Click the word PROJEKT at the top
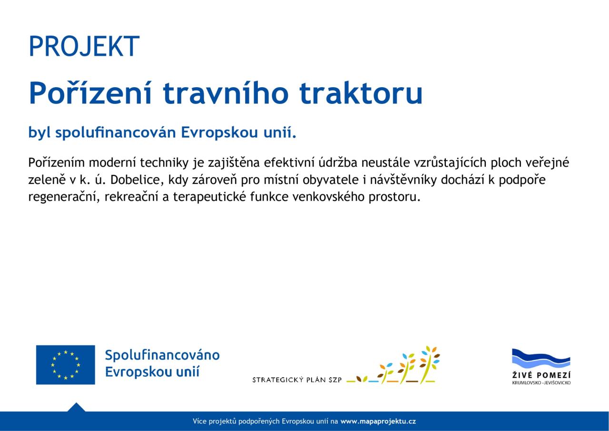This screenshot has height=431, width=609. click(84, 46)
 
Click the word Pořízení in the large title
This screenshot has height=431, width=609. click(90, 93)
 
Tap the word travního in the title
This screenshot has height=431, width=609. click(226, 93)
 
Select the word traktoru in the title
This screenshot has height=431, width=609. click(361, 93)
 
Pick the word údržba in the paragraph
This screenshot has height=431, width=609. click(338, 162)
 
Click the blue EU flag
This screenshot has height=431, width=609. click(66, 365)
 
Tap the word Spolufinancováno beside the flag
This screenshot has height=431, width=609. click(162, 355)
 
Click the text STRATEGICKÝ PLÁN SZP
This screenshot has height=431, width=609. click(297, 380)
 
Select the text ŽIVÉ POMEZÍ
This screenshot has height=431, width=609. click(541, 375)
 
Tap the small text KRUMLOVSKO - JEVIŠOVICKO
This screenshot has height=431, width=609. click(541, 383)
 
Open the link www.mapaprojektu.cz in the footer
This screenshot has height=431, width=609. click(378, 421)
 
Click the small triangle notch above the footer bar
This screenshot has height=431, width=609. click(77, 407)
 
